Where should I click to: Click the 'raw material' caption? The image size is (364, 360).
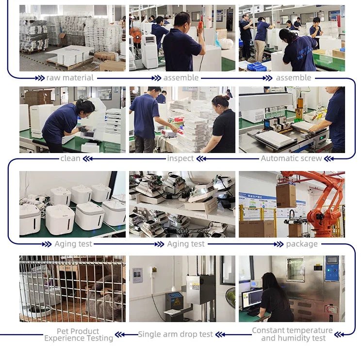tap(70, 78)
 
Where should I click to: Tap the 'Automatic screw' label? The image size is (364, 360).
tap(291, 158)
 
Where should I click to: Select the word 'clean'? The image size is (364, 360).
tap(70, 158)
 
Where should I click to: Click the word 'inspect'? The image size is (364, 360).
tap(180, 158)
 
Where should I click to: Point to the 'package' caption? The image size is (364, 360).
tap(302, 244)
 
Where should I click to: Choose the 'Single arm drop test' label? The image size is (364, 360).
tap(175, 334)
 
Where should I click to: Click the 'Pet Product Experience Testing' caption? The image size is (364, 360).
tap(79, 335)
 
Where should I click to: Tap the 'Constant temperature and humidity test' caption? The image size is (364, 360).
tap(292, 334)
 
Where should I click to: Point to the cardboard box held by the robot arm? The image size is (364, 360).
tap(286, 196)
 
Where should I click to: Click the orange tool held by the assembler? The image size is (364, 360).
tap(200, 26)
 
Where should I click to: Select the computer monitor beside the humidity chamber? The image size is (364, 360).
tap(251, 298)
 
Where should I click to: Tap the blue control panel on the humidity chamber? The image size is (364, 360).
tap(332, 269)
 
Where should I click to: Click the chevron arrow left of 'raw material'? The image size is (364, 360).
tap(40, 78)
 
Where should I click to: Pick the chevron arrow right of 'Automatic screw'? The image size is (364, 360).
tap(329, 159)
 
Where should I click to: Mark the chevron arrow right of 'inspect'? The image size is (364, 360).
tap(201, 159)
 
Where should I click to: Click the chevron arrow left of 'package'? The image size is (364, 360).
tap(279, 244)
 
